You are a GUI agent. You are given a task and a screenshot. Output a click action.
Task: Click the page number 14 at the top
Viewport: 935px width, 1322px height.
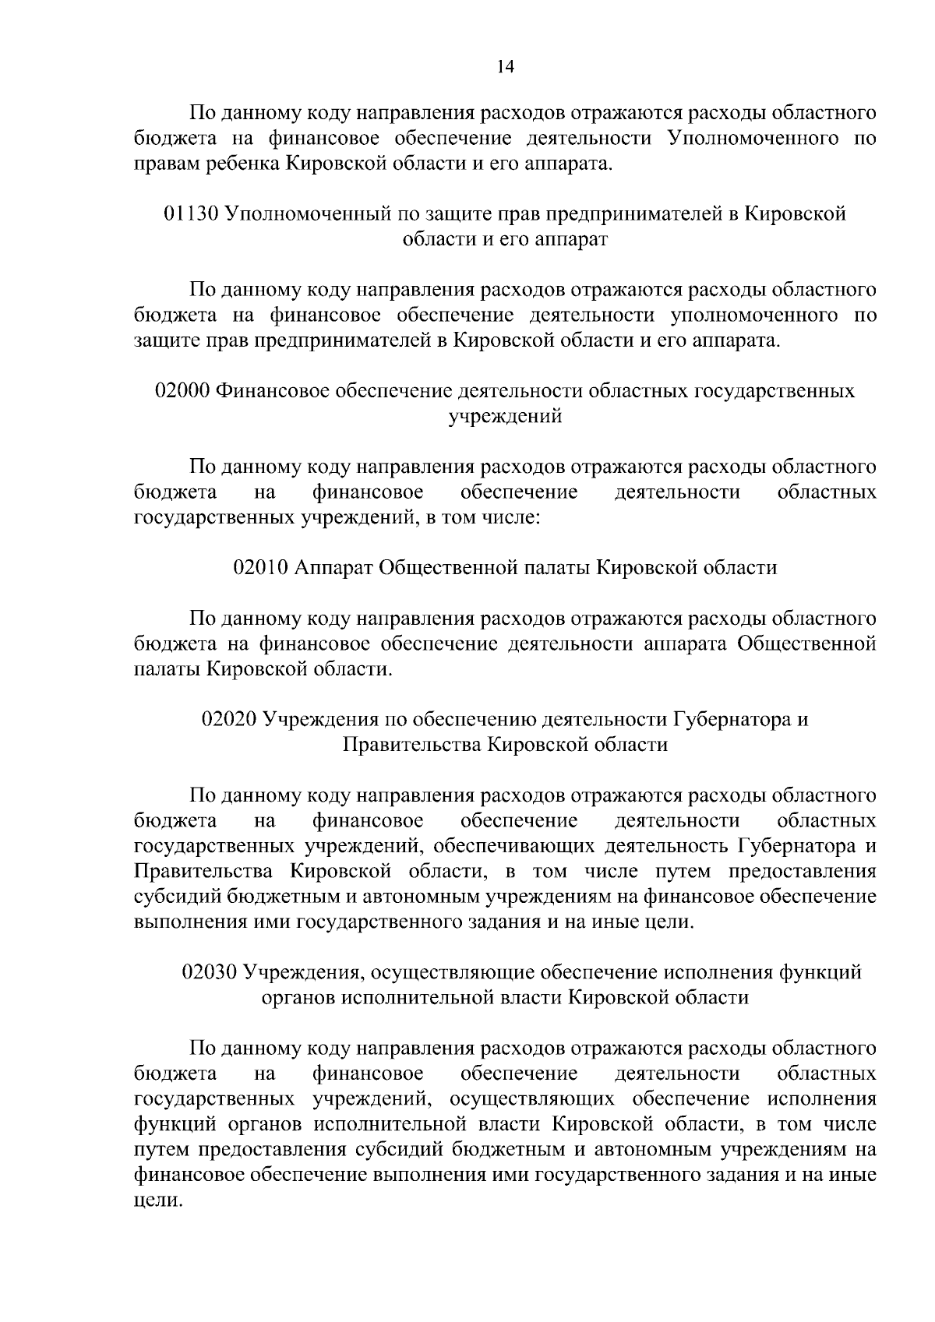point(506,67)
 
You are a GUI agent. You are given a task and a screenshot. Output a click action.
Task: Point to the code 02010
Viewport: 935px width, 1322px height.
point(261,568)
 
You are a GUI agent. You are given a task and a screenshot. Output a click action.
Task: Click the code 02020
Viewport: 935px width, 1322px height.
point(229,719)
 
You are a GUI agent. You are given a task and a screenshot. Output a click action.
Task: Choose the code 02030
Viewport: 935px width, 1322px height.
point(210,972)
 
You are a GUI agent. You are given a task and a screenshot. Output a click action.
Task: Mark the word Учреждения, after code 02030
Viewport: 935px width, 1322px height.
point(303,973)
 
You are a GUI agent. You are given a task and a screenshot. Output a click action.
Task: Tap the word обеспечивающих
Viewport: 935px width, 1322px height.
point(512,846)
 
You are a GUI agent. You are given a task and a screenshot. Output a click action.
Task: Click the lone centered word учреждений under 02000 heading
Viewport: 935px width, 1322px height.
point(505,417)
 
